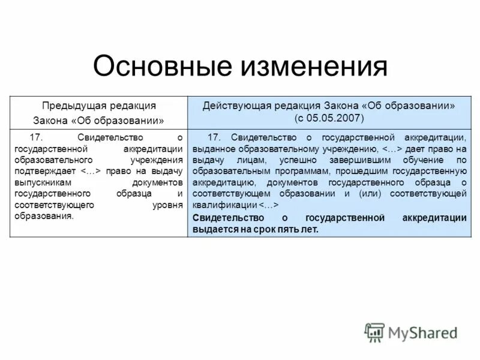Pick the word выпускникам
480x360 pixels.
[x=39, y=182]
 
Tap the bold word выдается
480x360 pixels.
[x=212, y=229]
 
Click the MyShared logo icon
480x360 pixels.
[x=374, y=332]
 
